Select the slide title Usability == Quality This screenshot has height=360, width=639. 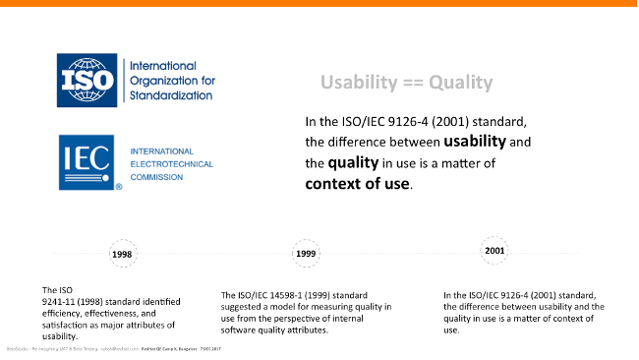(406, 83)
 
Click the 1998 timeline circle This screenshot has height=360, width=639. (122, 254)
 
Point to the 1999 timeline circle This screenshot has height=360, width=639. (307, 254)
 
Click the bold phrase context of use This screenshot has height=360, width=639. (358, 183)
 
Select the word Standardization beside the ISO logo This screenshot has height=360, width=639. (171, 95)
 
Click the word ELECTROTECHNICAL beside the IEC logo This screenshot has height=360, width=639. (172, 163)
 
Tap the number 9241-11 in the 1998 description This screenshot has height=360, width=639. (60, 302)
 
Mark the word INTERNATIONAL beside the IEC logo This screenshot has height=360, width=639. (163, 150)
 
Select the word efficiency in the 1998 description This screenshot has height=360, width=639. (60, 314)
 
